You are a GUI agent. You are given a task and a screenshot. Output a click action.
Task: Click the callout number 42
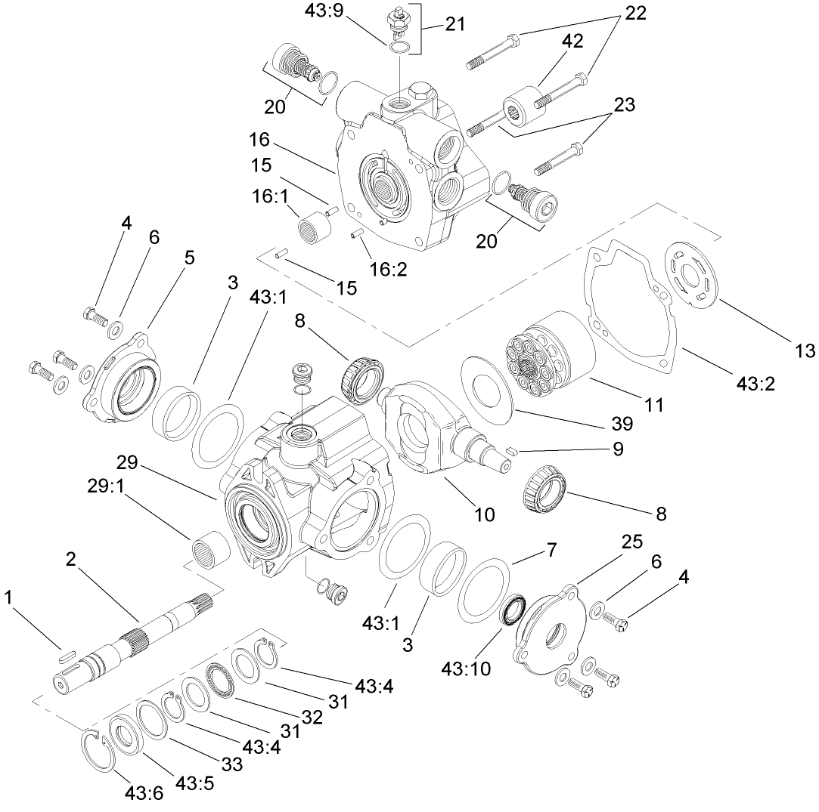click(572, 42)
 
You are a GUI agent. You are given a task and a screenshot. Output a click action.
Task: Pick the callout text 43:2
click(756, 383)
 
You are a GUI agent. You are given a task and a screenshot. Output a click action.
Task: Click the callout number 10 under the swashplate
click(484, 514)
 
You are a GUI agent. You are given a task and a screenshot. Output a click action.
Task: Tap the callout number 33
click(232, 764)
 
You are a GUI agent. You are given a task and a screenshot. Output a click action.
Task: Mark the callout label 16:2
click(388, 269)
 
